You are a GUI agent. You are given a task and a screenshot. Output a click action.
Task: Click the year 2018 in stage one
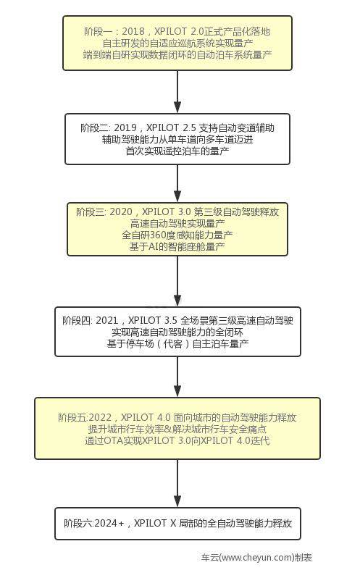(x=133, y=31)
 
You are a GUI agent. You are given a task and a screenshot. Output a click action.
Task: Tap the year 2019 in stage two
(x=125, y=128)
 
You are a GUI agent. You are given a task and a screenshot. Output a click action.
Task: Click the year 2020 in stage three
(x=121, y=212)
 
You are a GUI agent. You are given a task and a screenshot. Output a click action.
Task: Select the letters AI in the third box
(x=154, y=246)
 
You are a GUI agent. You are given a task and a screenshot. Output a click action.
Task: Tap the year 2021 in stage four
(x=107, y=320)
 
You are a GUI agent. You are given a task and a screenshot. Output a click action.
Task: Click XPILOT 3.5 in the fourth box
(x=153, y=320)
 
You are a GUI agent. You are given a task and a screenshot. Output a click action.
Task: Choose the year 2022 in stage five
(x=100, y=417)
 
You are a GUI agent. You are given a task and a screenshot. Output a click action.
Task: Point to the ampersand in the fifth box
(x=168, y=429)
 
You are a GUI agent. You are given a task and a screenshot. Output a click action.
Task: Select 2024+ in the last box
(x=109, y=523)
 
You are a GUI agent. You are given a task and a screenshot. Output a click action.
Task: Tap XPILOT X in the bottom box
(x=155, y=523)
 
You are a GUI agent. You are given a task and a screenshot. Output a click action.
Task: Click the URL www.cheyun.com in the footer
(x=257, y=557)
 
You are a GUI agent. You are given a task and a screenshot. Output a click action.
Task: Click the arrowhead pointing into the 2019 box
(x=177, y=106)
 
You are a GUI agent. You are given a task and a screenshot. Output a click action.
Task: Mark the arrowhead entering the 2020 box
(x=177, y=196)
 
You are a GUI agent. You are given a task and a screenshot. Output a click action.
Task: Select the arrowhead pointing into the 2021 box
(x=177, y=300)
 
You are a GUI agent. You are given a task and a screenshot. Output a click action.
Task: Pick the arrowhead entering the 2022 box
(x=177, y=390)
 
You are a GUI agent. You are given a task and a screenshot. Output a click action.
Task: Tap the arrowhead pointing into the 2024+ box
(x=177, y=500)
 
